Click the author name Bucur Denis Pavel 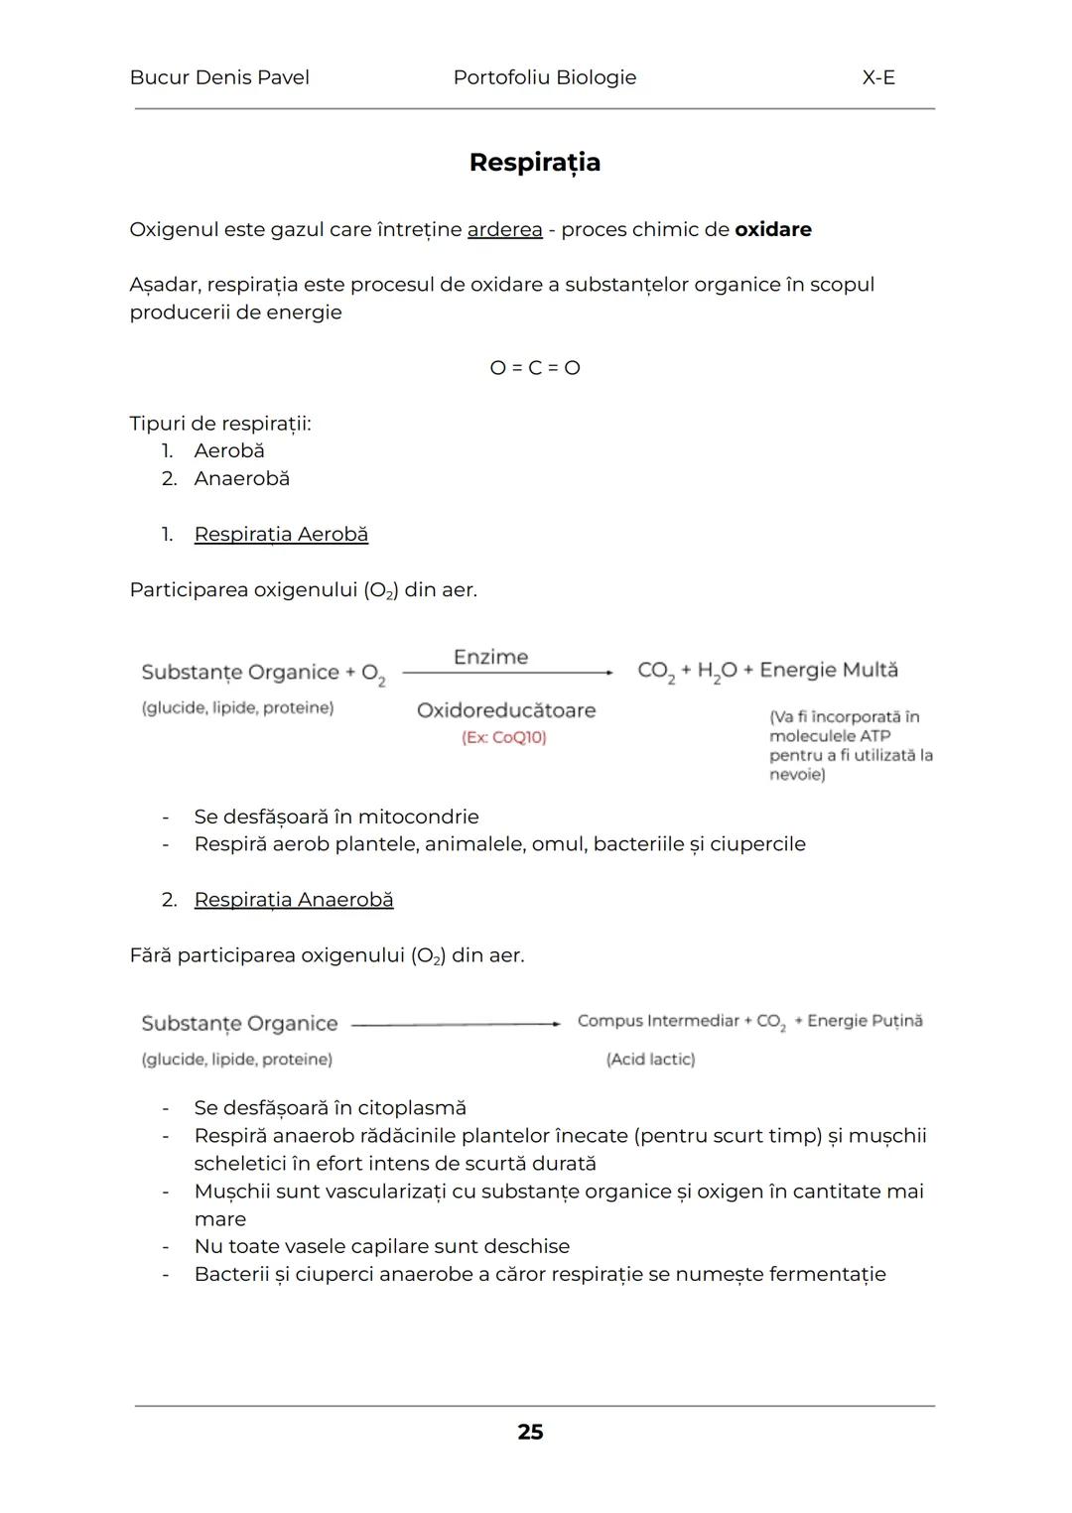(x=219, y=77)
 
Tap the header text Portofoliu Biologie (x=544, y=77)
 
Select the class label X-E (x=878, y=77)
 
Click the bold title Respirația (x=534, y=162)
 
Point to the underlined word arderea (x=504, y=229)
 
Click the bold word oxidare (x=772, y=229)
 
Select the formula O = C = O (x=535, y=367)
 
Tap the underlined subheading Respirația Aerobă (x=281, y=534)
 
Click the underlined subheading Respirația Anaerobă (x=294, y=899)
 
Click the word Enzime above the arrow (x=490, y=657)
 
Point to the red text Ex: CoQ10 (x=504, y=737)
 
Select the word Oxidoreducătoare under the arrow (x=506, y=710)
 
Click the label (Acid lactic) (x=650, y=1060)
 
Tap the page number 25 (x=530, y=1432)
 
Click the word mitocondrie (x=418, y=817)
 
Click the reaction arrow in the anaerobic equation (x=456, y=1024)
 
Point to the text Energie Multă (x=829, y=670)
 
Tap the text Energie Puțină (x=865, y=1021)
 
